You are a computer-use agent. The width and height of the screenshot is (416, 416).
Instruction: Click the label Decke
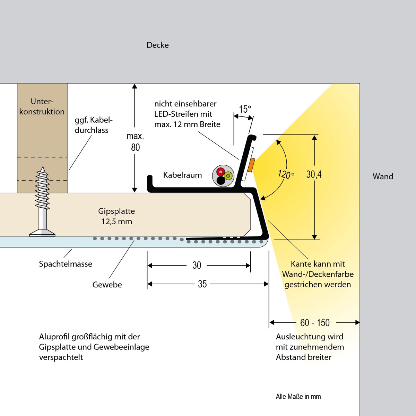tap(158, 45)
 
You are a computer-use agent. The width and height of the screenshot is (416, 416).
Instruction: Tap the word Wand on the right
tap(383, 176)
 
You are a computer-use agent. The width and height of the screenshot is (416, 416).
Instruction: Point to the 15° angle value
tap(245, 109)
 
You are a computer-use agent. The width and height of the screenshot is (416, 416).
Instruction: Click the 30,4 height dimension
tap(314, 174)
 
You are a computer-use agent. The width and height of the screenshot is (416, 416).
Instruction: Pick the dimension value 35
tap(202, 284)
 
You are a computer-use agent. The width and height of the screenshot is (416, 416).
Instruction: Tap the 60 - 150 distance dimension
tap(315, 323)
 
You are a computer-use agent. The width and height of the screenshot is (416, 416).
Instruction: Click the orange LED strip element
tap(251, 165)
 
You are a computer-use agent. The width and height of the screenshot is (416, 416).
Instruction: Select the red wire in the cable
tap(220, 171)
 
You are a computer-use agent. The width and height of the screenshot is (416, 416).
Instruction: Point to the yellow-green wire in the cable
tap(228, 176)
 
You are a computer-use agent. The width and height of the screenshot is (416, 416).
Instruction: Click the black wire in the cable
tap(221, 180)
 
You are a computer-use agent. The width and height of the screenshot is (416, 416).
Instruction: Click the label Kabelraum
tap(182, 175)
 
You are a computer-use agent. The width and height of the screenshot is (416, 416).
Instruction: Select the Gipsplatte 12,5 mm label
tap(116, 216)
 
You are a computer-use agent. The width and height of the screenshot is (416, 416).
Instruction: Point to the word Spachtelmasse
tap(66, 264)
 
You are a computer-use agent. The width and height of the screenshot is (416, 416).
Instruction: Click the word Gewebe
tap(107, 285)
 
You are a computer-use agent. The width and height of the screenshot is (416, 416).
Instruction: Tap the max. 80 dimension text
tap(135, 142)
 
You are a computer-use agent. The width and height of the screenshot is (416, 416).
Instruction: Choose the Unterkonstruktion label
tap(42, 106)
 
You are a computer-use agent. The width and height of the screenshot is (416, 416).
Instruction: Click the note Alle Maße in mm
tap(298, 397)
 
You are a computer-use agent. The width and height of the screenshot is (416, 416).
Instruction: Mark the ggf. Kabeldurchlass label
tap(93, 125)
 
